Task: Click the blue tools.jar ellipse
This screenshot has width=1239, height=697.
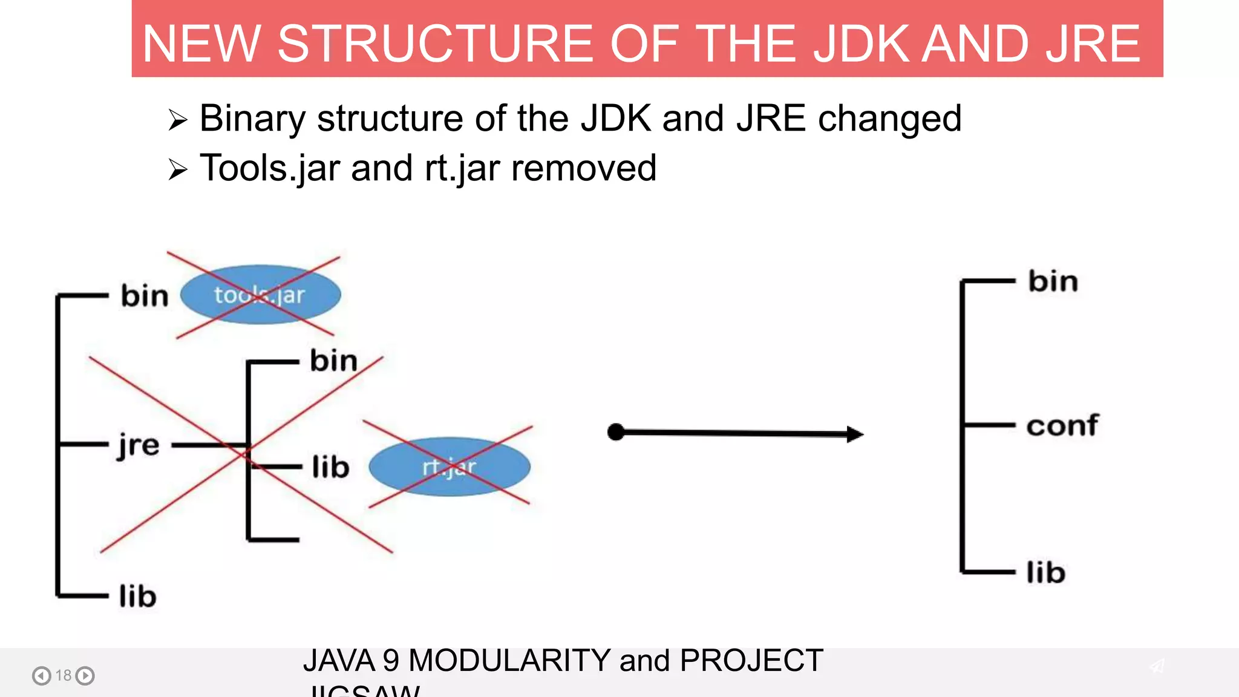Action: (260, 295)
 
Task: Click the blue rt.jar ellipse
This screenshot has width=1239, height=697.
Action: (449, 466)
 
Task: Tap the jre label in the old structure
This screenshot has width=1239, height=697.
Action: (139, 446)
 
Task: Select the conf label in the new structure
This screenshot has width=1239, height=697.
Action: (1062, 425)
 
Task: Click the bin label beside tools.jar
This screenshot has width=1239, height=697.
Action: (145, 296)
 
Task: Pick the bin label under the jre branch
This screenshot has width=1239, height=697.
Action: (333, 361)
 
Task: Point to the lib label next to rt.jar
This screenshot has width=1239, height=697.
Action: (330, 467)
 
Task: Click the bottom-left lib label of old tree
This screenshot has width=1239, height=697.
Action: (138, 597)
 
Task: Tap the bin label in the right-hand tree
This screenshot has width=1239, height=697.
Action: (1053, 281)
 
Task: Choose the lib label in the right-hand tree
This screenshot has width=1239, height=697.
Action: (1045, 572)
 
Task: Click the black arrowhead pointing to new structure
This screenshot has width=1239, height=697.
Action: (854, 434)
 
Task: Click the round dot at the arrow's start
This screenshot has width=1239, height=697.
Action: (616, 432)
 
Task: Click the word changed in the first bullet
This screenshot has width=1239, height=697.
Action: (889, 118)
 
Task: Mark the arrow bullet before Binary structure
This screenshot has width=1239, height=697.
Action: (178, 120)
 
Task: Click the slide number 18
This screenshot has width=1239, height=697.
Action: (64, 675)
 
